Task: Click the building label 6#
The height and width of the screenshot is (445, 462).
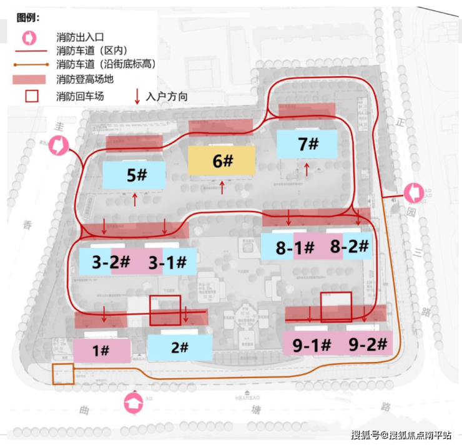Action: (222, 161)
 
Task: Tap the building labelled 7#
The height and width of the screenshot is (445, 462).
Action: (308, 144)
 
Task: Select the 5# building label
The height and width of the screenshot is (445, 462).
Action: (136, 175)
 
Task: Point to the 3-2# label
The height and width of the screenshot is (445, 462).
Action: (111, 262)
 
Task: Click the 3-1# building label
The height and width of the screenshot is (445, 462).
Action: (167, 262)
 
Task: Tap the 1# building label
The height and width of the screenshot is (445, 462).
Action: (101, 351)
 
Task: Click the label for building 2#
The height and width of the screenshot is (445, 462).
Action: (179, 347)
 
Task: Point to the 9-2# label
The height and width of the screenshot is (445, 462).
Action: (368, 343)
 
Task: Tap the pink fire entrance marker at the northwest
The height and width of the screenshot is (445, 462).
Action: (59, 146)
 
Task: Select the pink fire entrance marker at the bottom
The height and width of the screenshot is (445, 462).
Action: (133, 404)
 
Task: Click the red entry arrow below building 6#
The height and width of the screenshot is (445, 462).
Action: (223, 187)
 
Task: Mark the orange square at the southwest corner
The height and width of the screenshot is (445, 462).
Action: (63, 374)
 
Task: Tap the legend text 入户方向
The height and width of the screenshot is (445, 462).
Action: (167, 97)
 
